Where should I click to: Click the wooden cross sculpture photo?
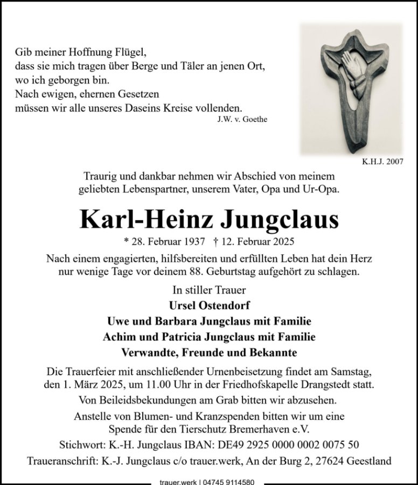click(351, 89)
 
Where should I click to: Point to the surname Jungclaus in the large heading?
click(279, 219)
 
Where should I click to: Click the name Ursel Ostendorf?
click(208, 306)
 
